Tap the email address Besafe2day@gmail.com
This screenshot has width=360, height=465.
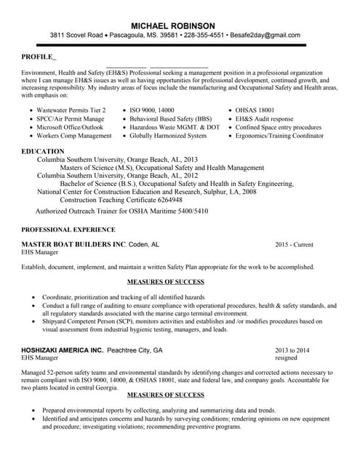click(x=263, y=35)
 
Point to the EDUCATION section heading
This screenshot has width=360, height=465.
click(x=43, y=151)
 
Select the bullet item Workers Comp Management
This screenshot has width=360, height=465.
click(x=74, y=136)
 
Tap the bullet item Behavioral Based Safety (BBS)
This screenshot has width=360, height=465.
click(x=171, y=118)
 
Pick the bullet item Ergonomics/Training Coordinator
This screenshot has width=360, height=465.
click(x=279, y=136)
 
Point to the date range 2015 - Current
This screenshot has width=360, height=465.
click(x=295, y=245)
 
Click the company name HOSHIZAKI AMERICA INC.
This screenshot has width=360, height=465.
click(x=63, y=349)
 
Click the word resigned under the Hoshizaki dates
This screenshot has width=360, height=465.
click(x=286, y=358)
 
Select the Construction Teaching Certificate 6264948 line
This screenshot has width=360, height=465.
click(x=121, y=200)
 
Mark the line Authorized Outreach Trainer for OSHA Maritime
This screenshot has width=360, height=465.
click(x=122, y=211)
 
